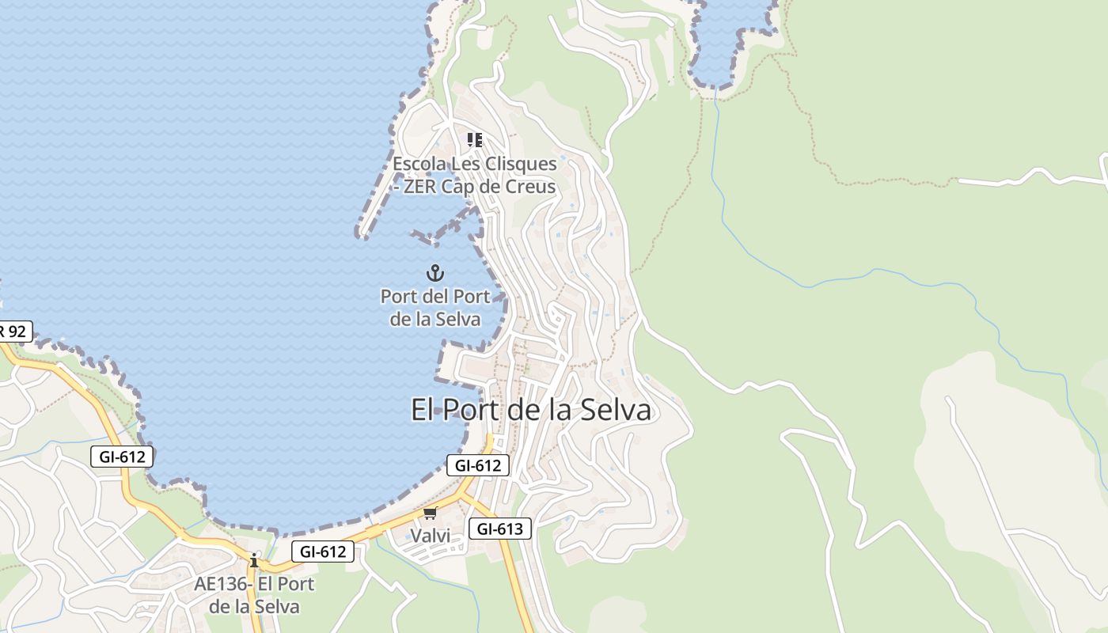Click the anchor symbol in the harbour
click(434, 274)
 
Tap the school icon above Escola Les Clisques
click(475, 140)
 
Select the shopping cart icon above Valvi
click(430, 514)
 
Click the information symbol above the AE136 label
click(253, 561)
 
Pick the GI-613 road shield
click(499, 529)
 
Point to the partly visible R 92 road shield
click(14, 331)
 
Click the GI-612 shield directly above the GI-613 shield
click(478, 465)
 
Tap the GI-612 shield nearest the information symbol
click(322, 552)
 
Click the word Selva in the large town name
click(616, 410)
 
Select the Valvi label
click(430, 536)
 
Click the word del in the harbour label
click(434, 297)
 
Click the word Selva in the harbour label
click(457, 320)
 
